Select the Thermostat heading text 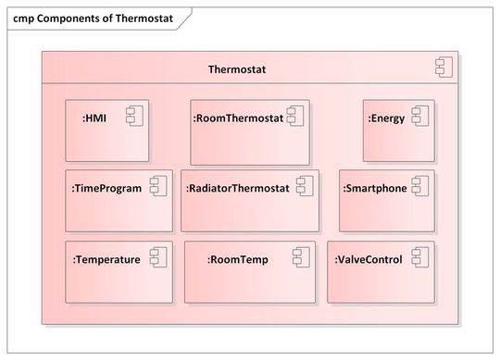point(240,69)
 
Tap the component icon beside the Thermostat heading point(443,67)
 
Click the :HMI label point(94,118)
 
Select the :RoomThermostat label point(238,118)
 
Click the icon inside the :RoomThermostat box point(295,116)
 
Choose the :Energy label point(386,118)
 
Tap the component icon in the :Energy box point(420,116)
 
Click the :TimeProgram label point(106,188)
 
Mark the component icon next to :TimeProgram point(157,186)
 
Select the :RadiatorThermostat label point(238,188)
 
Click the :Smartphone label point(375,188)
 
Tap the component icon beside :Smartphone point(420,186)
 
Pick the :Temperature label point(106,259)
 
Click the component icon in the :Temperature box point(157,257)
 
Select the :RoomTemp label point(238,259)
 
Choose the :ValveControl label point(369,259)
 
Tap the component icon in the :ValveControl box point(419,257)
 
